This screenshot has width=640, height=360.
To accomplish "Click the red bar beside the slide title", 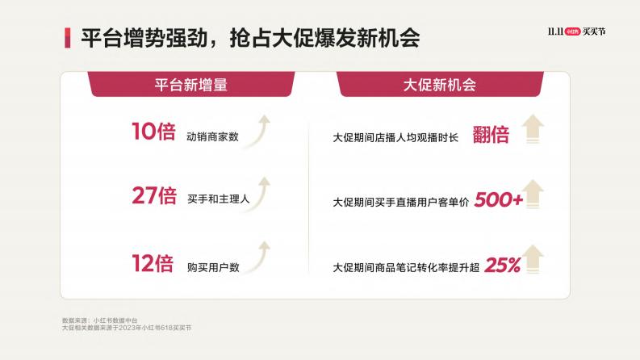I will click(68, 38).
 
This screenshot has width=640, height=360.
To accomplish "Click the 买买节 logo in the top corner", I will click(575, 31).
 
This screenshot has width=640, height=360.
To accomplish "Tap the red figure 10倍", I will click(153, 132).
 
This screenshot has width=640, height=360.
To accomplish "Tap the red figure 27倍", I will click(153, 195).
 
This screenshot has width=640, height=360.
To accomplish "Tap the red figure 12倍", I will click(153, 263).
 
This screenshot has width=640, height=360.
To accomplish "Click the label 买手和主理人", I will click(218, 199).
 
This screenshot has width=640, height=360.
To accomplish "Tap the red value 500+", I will click(498, 199).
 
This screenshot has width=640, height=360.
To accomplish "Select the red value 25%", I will click(502, 265).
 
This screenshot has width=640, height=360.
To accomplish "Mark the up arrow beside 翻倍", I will click(533, 129).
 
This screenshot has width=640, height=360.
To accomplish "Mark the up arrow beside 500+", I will click(533, 195).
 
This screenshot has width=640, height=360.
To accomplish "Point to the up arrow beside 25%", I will click(533, 259).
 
